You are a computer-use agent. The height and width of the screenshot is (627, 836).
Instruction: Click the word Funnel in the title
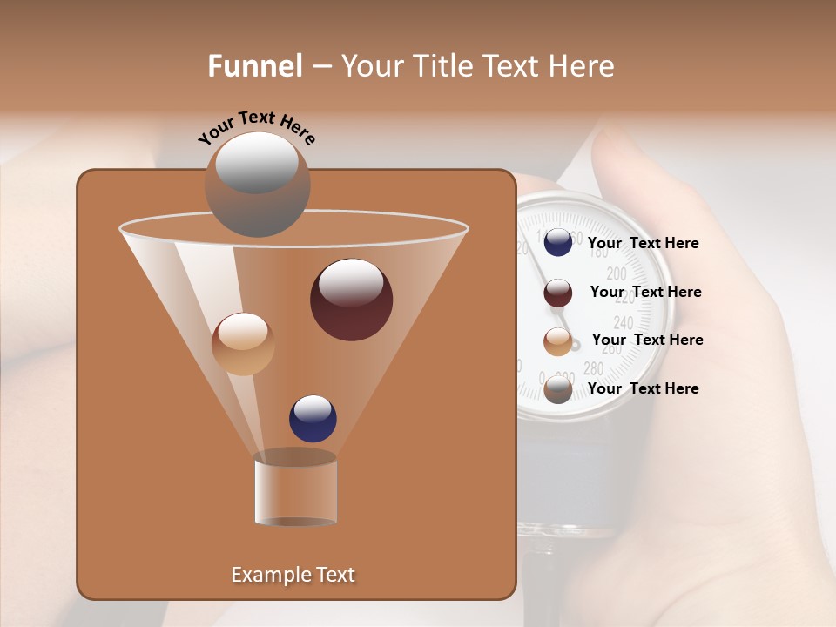pyautogui.click(x=254, y=65)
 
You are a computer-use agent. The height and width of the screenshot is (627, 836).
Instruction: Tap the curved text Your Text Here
pyautogui.click(x=256, y=127)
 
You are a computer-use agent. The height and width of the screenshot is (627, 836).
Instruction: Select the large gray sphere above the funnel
pyautogui.click(x=257, y=184)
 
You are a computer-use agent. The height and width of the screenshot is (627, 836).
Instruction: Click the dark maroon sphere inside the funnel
pyautogui.click(x=351, y=300)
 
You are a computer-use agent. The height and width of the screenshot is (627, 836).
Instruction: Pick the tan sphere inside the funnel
pyautogui.click(x=243, y=344)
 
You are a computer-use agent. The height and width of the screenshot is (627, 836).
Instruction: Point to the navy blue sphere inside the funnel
pyautogui.click(x=313, y=418)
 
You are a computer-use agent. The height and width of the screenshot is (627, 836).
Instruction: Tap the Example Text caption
pyautogui.click(x=293, y=575)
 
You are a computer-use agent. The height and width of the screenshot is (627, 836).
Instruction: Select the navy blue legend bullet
pyautogui.click(x=558, y=243)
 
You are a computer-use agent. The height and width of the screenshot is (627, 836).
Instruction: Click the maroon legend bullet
pyautogui.click(x=558, y=293)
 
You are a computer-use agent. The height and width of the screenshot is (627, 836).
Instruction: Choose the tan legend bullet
pyautogui.click(x=558, y=341)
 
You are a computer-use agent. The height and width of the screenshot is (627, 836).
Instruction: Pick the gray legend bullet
pyautogui.click(x=558, y=389)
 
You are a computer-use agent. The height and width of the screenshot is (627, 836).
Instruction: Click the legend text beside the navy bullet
pyautogui.click(x=643, y=243)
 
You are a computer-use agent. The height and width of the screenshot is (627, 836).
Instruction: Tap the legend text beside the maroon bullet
pyautogui.click(x=645, y=292)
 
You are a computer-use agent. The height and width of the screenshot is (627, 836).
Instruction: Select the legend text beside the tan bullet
pyautogui.click(x=647, y=340)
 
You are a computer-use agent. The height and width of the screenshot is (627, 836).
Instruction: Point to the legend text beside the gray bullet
pyautogui.click(x=643, y=388)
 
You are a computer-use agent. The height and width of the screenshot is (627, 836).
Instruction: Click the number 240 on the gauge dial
pyautogui.click(x=624, y=323)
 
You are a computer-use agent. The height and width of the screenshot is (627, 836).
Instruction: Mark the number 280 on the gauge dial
pyautogui.click(x=593, y=367)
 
